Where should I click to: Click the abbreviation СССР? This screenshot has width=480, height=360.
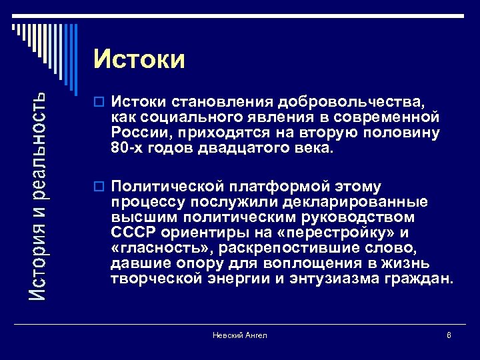point(133,232)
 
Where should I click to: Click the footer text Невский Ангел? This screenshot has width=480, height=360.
point(240,335)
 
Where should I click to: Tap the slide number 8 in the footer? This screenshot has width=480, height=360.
point(449,335)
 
